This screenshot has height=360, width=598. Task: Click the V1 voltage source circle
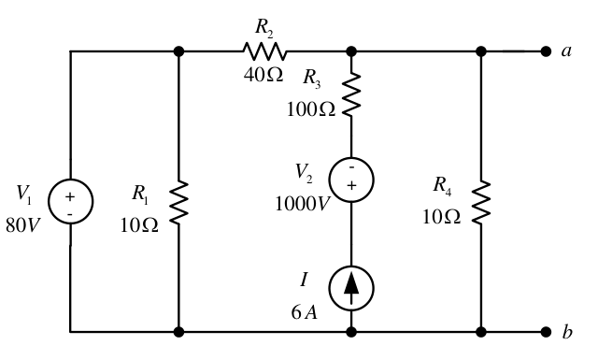tap(49, 201)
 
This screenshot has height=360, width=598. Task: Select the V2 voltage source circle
tap(330, 180)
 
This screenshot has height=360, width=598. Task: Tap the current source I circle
tap(330, 288)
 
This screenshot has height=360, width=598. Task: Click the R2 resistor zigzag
tap(264, 51)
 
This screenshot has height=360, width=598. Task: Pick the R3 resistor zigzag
tap(351, 94)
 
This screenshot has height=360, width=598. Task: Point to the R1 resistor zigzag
tap(178, 202)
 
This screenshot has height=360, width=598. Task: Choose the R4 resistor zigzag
tap(481, 202)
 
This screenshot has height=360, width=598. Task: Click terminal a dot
tap(546, 51)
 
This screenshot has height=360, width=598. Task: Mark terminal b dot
tap(546, 332)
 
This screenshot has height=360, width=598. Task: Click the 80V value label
tap(22, 225)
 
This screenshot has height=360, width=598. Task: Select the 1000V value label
tap(302, 204)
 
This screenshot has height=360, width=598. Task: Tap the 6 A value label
tap(305, 312)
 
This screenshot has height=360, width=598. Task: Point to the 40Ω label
tap(263, 75)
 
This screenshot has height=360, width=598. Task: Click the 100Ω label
tap(311, 109)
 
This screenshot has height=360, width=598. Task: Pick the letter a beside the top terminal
tap(567, 50)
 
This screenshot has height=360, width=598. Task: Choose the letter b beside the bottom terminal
tap(567, 331)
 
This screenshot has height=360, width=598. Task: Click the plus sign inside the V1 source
tap(70, 196)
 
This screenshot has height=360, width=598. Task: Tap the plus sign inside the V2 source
tap(351, 185)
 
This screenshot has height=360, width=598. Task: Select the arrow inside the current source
tap(351, 288)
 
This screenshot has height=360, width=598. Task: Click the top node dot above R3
tap(351, 51)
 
